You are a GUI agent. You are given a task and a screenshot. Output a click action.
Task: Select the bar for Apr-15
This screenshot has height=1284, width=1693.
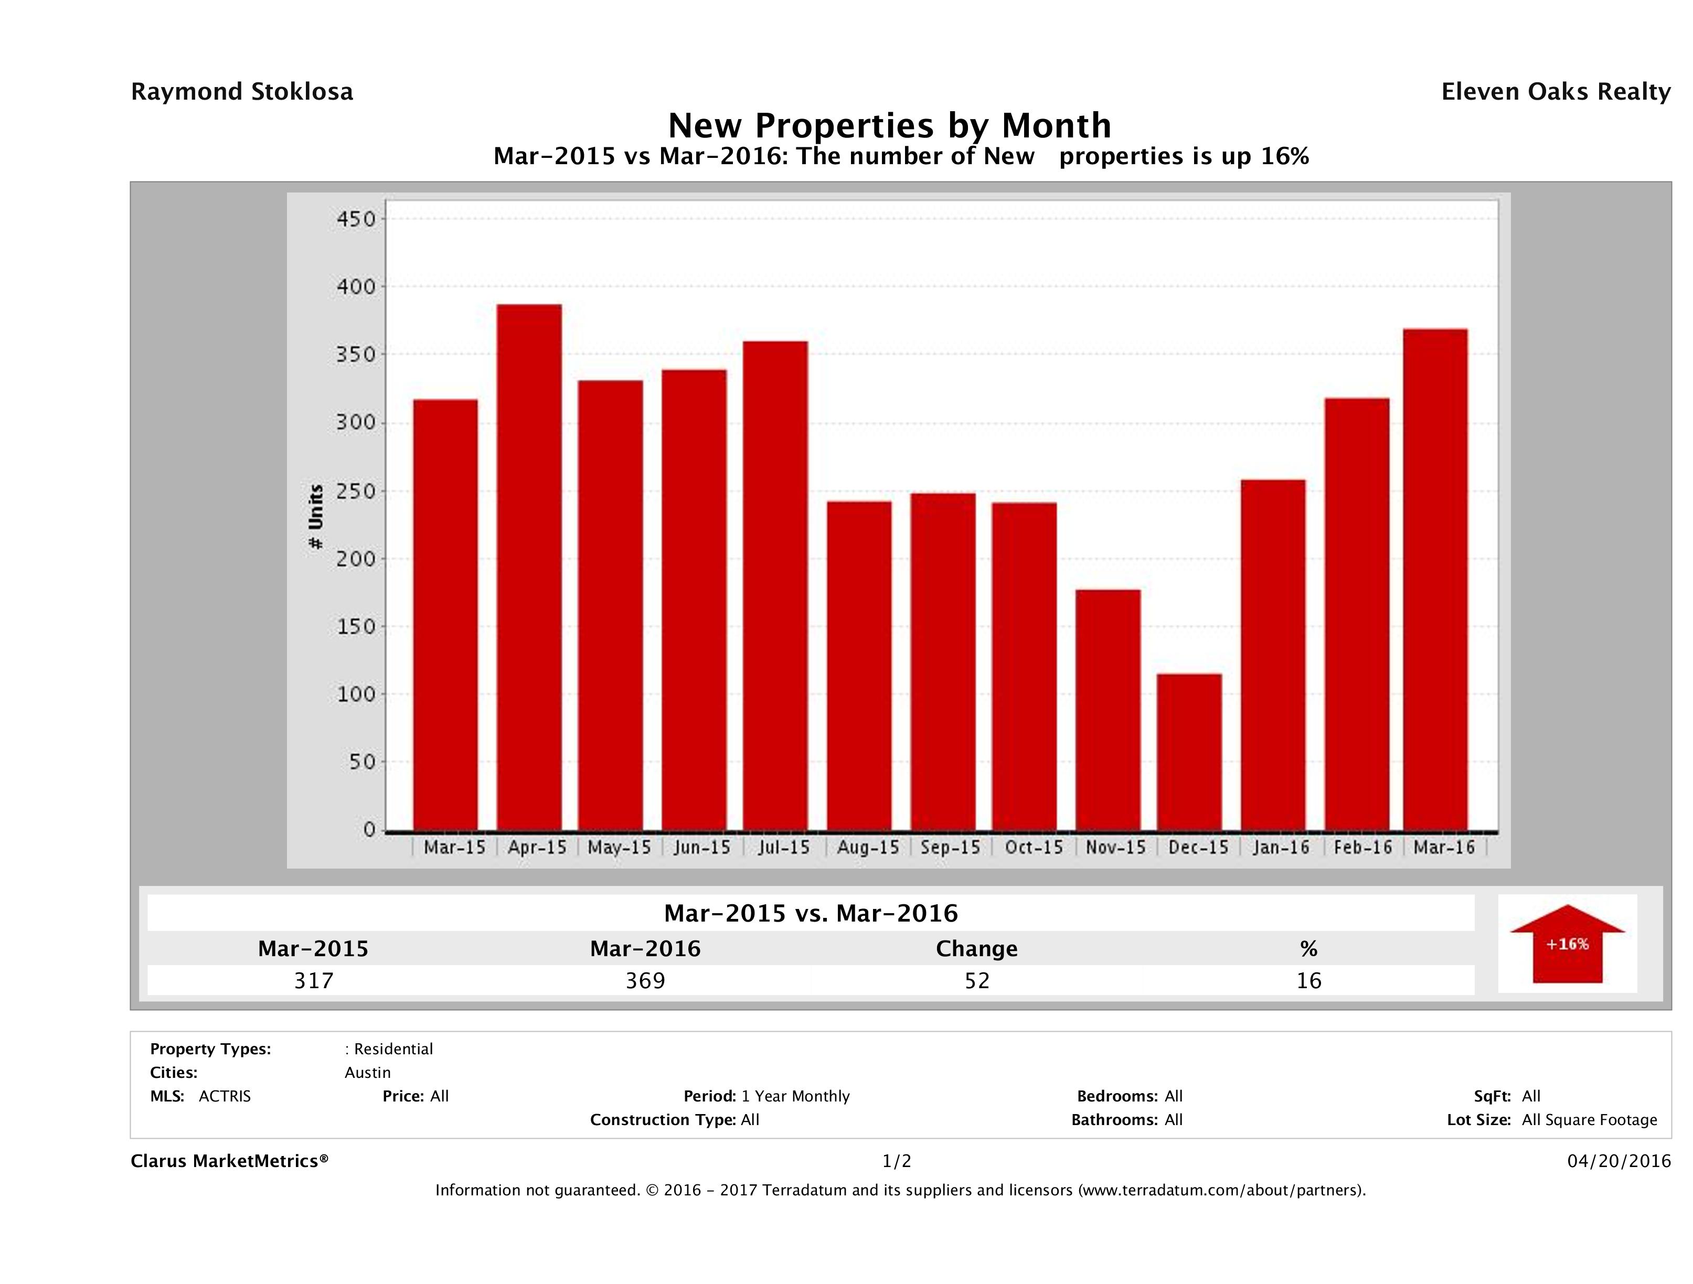coord(529,567)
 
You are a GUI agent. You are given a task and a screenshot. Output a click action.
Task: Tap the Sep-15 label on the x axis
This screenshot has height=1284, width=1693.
coord(950,847)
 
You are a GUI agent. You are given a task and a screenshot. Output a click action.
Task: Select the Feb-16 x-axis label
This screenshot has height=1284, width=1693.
coord(1362,847)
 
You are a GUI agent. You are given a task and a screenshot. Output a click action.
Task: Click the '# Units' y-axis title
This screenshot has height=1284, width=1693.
coord(315,517)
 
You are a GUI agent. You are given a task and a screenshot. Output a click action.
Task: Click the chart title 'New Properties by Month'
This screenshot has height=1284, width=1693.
coord(889,125)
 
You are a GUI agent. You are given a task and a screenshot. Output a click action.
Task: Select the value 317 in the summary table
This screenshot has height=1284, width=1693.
coord(314,980)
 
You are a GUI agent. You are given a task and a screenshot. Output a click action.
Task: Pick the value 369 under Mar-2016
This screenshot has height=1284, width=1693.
coord(645,980)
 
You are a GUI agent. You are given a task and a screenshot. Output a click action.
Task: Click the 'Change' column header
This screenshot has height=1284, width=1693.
coord(977,949)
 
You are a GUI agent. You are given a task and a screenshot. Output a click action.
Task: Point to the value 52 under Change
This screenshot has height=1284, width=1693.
coord(977,980)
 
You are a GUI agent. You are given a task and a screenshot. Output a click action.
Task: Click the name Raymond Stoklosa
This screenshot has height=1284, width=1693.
coord(242,92)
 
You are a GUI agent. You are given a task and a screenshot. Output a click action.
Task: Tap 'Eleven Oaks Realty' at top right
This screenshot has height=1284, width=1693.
coord(1555,92)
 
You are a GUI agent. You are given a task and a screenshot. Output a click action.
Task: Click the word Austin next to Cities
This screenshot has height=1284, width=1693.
coord(367,1073)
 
